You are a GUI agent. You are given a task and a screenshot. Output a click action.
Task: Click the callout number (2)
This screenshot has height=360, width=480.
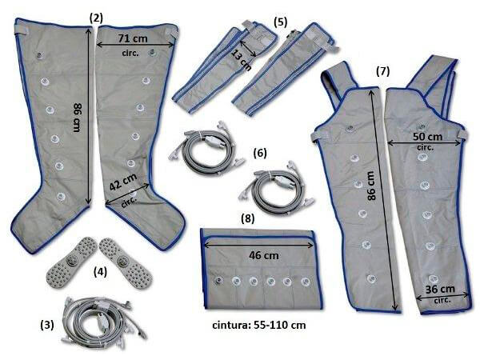pyautogui.click(x=97, y=18)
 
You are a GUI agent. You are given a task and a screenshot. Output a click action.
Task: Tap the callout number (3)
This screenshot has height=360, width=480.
pyautogui.click(x=47, y=325)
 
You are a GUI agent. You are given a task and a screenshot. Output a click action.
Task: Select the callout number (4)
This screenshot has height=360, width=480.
pyautogui.click(x=100, y=272)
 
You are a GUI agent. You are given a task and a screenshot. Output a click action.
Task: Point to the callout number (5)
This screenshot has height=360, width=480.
pyautogui.click(x=281, y=22)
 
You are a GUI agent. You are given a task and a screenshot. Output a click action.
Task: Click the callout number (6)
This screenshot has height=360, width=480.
pyautogui.click(x=260, y=153)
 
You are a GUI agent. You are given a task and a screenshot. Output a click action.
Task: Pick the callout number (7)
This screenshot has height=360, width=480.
pyautogui.click(x=382, y=71)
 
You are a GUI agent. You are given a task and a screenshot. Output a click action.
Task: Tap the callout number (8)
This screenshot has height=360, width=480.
pyautogui.click(x=248, y=218)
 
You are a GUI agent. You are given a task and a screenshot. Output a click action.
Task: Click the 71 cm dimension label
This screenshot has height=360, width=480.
pyautogui.click(x=133, y=38)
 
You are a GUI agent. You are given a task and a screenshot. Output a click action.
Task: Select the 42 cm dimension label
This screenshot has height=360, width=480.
pyautogui.click(x=123, y=182)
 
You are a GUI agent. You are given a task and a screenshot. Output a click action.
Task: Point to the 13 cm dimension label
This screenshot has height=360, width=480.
pyautogui.click(x=242, y=60)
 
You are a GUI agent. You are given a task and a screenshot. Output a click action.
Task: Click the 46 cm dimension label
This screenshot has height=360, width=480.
pyautogui.click(x=264, y=255)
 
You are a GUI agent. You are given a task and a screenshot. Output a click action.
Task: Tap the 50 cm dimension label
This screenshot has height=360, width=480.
pyautogui.click(x=427, y=137)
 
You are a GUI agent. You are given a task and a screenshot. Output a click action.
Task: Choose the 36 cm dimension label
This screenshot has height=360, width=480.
pyautogui.click(x=440, y=289)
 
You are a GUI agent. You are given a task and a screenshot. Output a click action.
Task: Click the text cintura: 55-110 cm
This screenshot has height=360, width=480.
pyautogui.click(x=259, y=325)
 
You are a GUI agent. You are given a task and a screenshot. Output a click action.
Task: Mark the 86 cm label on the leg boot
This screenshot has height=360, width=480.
pyautogui.click(x=77, y=118)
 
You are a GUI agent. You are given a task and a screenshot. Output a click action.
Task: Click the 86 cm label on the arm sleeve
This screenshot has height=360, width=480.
pyautogui.click(x=370, y=186)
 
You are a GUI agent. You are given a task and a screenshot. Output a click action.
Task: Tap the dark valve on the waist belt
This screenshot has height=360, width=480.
pyautogui.click(x=218, y=280)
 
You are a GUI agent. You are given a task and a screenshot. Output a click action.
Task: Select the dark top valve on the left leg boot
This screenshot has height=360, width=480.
pyautogui.click(x=39, y=55)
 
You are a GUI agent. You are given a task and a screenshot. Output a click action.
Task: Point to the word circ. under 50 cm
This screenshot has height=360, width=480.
pyautogui.click(x=426, y=147)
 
